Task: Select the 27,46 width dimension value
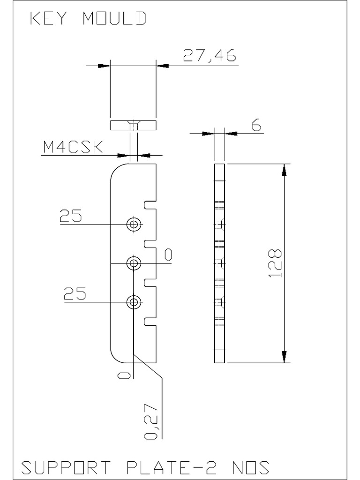click(x=209, y=56)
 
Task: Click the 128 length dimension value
click(x=275, y=263)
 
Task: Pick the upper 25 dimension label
click(x=71, y=216)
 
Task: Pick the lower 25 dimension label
click(x=75, y=294)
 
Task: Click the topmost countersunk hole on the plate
click(x=135, y=225)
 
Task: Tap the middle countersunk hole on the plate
click(x=135, y=263)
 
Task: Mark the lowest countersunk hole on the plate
click(x=135, y=302)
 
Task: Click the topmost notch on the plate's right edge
click(x=150, y=205)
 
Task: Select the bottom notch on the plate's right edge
click(x=150, y=322)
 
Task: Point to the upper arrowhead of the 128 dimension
click(x=284, y=170)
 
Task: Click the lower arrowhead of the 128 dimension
click(x=284, y=357)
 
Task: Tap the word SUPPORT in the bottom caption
click(x=66, y=467)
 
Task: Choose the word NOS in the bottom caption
click(x=251, y=467)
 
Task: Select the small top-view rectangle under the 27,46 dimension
click(x=133, y=125)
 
